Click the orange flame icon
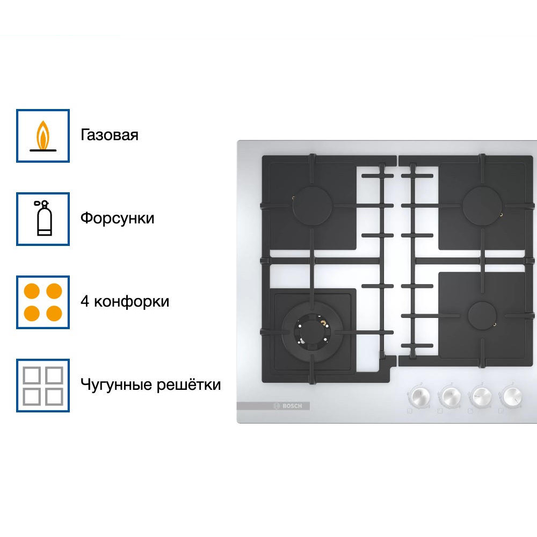[x=43, y=135]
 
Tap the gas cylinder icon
[x=43, y=219]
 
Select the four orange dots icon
[x=43, y=302]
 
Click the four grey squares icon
[x=43, y=385]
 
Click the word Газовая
[x=110, y=135]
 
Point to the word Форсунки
[x=118, y=219]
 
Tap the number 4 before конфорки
[x=85, y=302]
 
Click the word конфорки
[x=132, y=302]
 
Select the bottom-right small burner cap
[x=482, y=316]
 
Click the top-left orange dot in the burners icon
[x=33, y=292]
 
